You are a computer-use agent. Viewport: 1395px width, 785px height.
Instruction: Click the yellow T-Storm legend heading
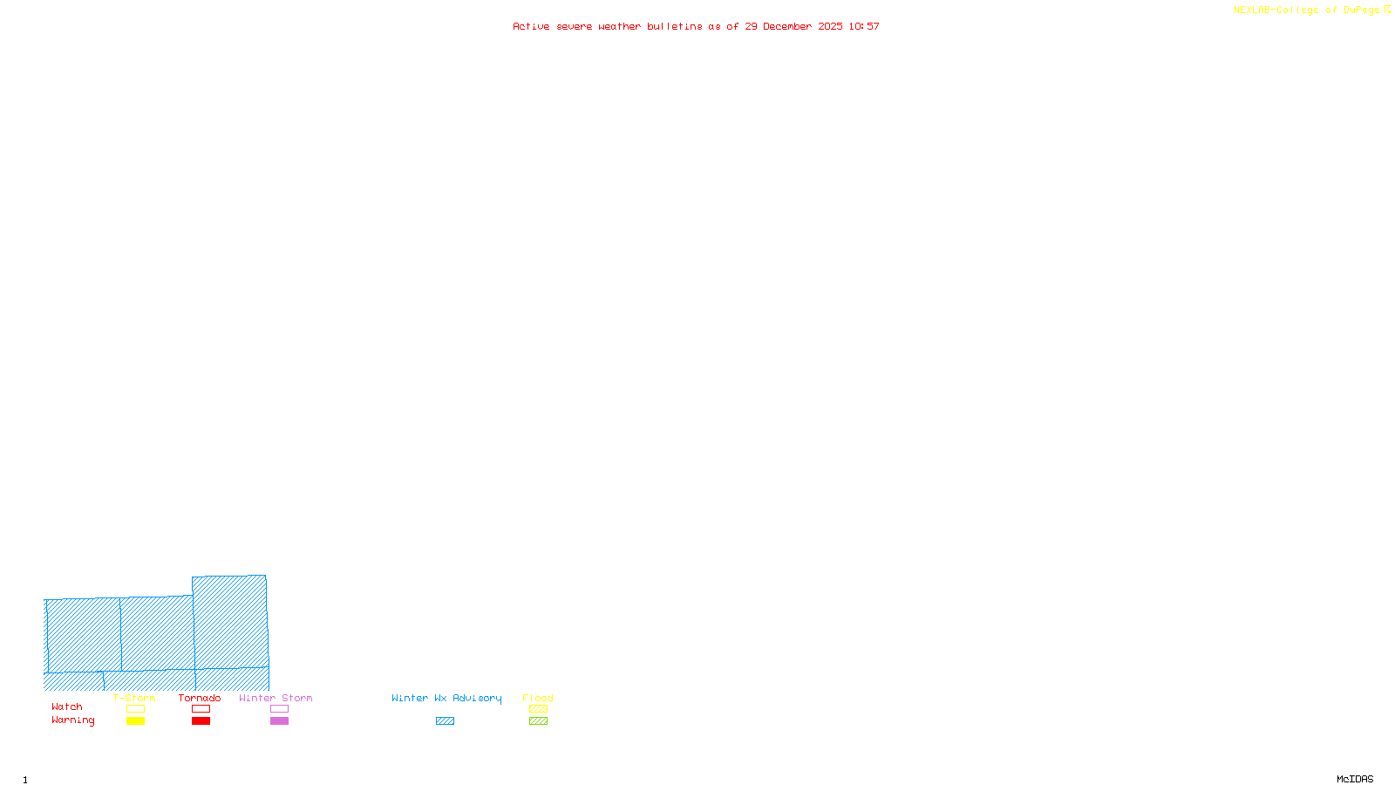134,698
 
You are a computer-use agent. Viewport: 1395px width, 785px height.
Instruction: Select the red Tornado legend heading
200,698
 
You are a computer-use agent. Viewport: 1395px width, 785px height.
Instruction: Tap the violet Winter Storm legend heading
276,698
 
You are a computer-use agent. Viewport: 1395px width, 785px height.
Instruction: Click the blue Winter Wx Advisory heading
446,698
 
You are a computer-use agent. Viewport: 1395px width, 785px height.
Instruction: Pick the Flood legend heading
538,698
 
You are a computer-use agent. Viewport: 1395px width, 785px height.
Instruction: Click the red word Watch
67,707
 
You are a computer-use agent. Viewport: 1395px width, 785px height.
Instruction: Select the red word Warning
72,720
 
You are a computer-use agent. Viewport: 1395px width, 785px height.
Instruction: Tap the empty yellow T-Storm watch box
135,709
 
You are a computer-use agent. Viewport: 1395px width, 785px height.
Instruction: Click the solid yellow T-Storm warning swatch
135,721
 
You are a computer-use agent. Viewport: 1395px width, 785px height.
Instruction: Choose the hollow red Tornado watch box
201,709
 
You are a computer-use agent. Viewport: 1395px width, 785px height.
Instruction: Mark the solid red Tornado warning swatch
201,721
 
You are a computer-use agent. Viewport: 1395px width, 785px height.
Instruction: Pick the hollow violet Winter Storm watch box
279,709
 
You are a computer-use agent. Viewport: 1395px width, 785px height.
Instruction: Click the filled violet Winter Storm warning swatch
279,721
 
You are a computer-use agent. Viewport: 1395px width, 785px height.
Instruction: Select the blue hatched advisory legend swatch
445,721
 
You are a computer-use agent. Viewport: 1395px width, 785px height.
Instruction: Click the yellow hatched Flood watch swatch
538,709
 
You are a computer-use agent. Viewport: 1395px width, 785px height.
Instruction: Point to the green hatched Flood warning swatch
538,721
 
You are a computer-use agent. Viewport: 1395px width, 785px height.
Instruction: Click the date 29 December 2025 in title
793,26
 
